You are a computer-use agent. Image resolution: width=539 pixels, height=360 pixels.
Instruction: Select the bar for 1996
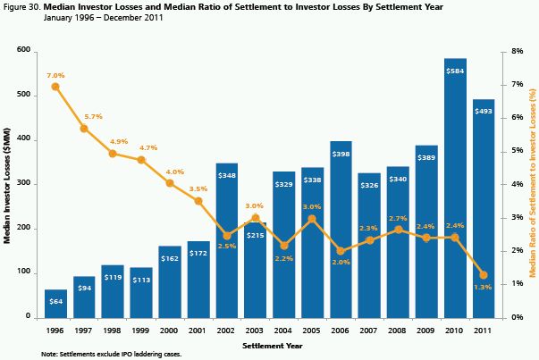[55, 304]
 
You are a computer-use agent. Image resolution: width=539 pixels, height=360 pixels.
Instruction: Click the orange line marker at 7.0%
[55, 87]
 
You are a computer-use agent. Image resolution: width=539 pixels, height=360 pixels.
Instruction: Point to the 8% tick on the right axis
[516, 52]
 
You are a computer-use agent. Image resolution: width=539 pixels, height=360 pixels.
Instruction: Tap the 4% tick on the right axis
[516, 184]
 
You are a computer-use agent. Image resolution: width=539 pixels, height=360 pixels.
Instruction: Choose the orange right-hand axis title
[533, 183]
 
